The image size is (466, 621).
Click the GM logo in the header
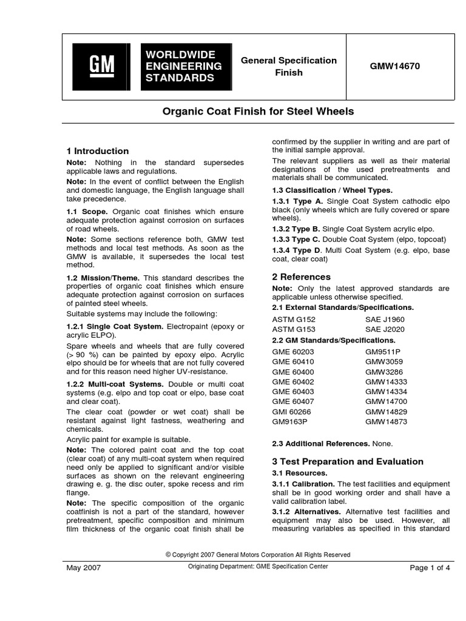[100, 67]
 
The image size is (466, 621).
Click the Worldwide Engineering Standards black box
[186, 67]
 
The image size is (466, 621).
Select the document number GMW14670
[395, 66]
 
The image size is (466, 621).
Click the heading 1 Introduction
[97, 151]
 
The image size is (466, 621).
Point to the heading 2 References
[302, 277]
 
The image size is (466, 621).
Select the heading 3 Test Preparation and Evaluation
[348, 462]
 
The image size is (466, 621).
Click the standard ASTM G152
[294, 319]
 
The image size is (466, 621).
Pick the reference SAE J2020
[385, 329]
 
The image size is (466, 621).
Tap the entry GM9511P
[383, 351]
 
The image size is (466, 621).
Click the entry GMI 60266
[292, 411]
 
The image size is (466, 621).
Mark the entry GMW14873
[386, 421]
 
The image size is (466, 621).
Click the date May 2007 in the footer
[83, 568]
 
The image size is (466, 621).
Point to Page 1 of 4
[430, 568]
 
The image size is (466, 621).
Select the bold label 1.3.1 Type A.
[298, 201]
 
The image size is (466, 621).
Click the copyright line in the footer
[258, 555]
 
